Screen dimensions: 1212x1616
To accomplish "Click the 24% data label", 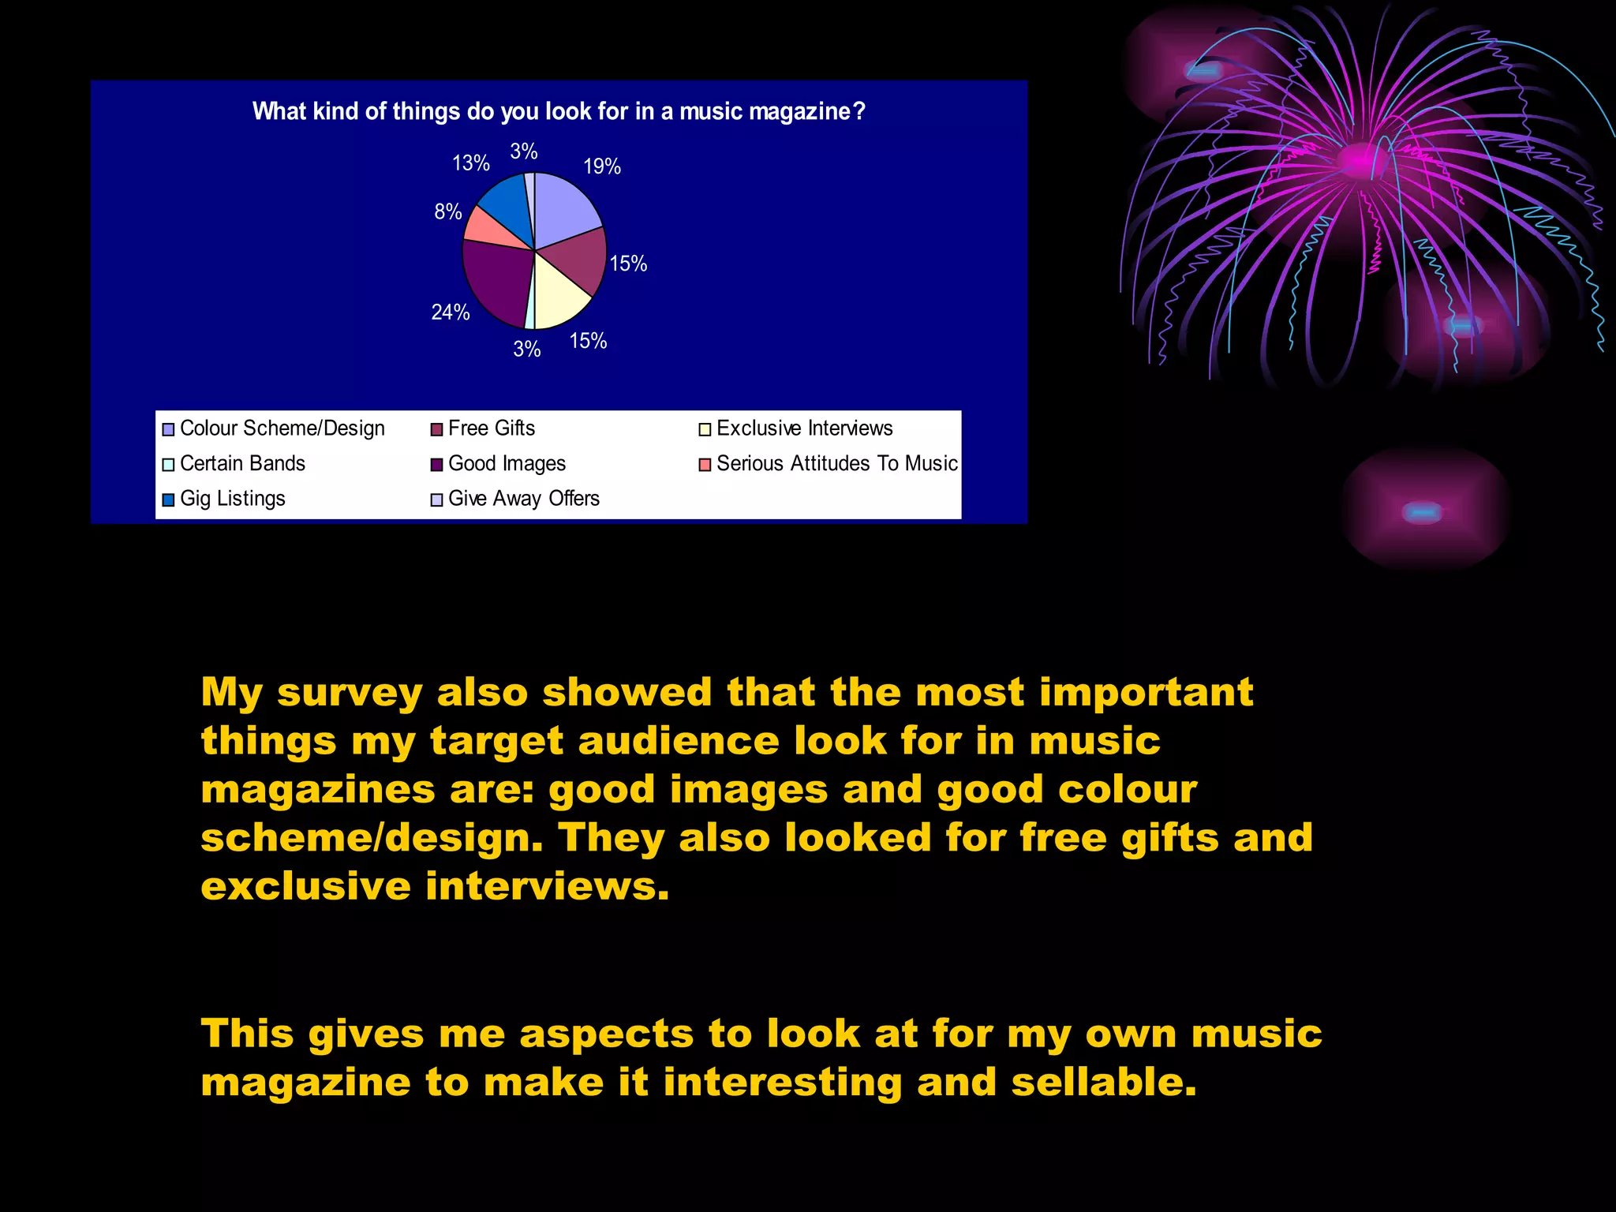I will point(451,312).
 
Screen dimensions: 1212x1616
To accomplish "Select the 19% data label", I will point(602,166).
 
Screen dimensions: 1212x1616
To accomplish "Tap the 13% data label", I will point(471,163).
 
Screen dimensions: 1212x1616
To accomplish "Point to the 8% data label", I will point(448,211).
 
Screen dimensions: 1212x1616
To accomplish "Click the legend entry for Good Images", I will point(507,464).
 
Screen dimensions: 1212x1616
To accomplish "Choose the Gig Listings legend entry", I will point(232,499).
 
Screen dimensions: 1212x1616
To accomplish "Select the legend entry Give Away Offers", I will point(523,499).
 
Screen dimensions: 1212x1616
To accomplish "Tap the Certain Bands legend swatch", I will point(168,465).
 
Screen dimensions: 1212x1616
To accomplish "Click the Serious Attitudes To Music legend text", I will point(836,464).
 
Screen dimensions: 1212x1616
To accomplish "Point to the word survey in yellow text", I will point(350,694).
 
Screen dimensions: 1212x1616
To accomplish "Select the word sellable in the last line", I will point(1104,1082).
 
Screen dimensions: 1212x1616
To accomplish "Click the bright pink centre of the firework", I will point(1359,160).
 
